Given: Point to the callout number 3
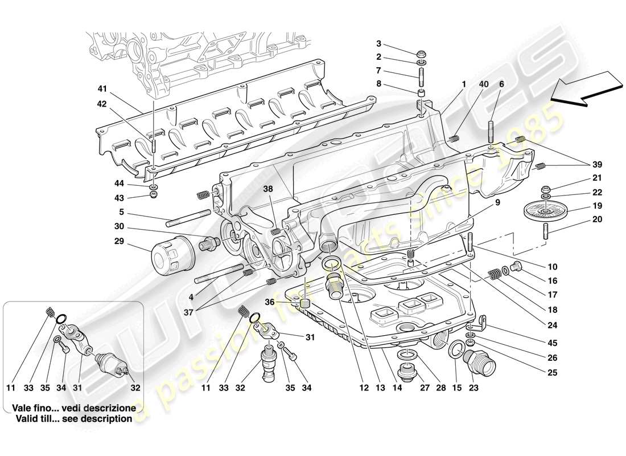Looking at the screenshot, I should (379, 44).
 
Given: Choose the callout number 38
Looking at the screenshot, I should (267, 189).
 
